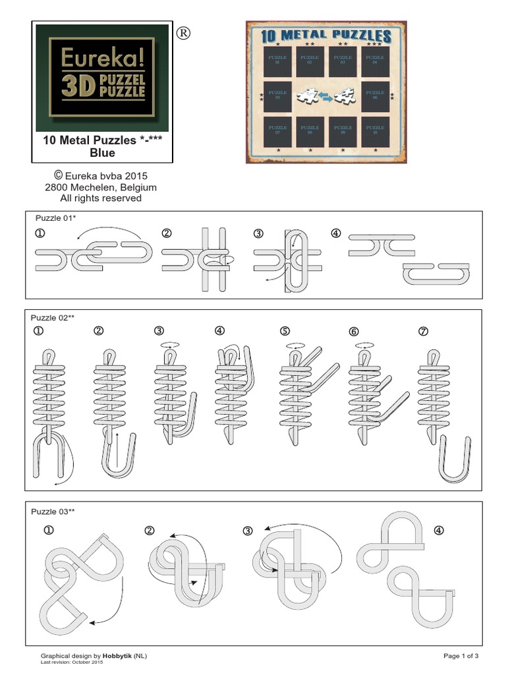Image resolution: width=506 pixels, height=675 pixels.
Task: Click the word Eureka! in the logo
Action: click(102, 58)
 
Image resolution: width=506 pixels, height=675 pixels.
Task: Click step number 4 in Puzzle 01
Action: click(337, 233)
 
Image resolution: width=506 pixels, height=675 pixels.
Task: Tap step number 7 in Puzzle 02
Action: click(423, 331)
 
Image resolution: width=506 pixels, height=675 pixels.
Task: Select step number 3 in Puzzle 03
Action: click(248, 531)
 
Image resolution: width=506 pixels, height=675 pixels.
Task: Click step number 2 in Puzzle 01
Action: click(167, 233)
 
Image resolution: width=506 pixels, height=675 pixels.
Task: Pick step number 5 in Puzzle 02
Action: click(285, 331)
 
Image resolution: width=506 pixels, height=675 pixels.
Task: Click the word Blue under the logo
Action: click(102, 153)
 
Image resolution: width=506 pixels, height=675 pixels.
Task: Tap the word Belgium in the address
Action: click(138, 187)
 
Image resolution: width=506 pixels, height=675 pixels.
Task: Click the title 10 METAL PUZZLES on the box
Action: click(327, 36)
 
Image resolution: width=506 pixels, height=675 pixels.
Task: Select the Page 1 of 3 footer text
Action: click(461, 656)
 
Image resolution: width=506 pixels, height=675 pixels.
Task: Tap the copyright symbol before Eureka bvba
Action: click(58, 175)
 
